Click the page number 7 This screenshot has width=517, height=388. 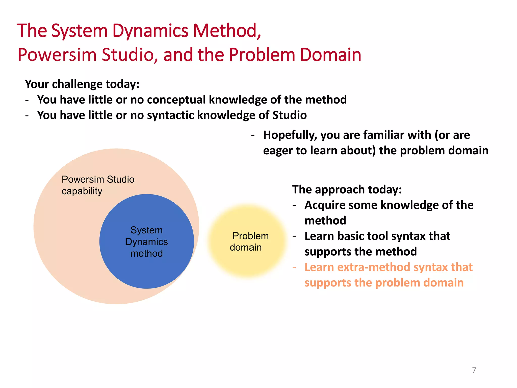pyautogui.click(x=474, y=370)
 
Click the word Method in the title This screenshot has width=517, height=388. pyautogui.click(x=226, y=31)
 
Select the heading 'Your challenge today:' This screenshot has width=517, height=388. pyautogui.click(x=82, y=84)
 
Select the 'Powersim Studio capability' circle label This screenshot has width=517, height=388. pyautogui.click(x=98, y=185)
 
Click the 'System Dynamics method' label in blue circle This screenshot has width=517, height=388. pyautogui.click(x=146, y=241)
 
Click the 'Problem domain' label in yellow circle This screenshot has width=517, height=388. pyautogui.click(x=249, y=241)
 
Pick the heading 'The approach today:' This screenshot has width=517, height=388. pyautogui.click(x=347, y=189)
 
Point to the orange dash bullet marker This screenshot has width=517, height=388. pyautogui.click(x=294, y=267)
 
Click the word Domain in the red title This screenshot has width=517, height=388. pyautogui.click(x=330, y=55)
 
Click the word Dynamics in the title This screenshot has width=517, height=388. pyautogui.click(x=150, y=31)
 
